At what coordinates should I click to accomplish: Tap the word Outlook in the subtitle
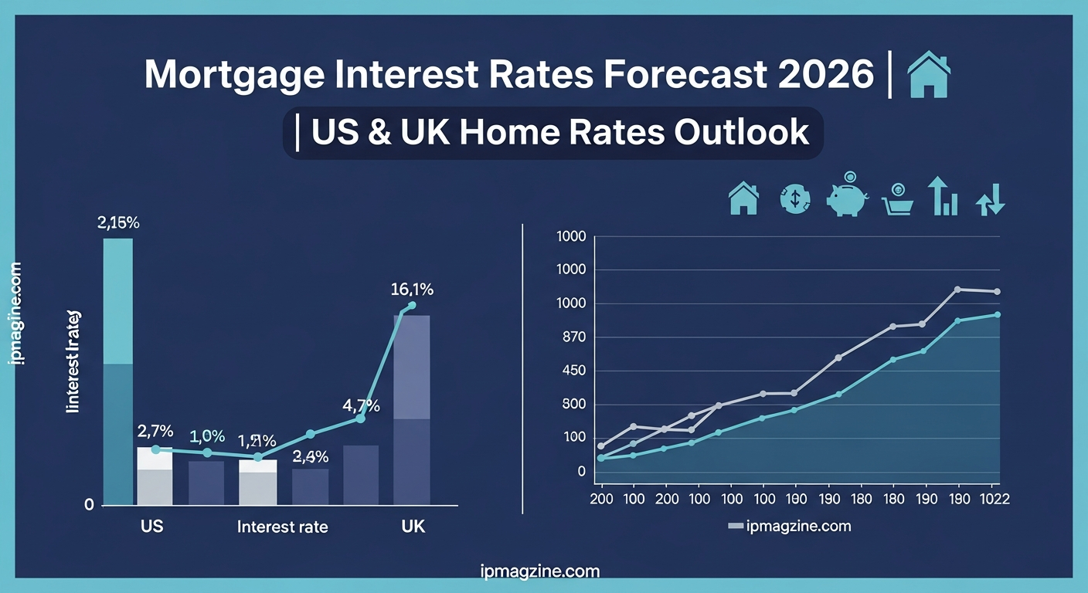pyautogui.click(x=741, y=132)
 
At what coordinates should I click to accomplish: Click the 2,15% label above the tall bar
pyautogui.click(x=118, y=224)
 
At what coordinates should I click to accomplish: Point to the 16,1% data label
pyautogui.click(x=412, y=290)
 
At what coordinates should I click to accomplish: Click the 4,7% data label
pyautogui.click(x=362, y=405)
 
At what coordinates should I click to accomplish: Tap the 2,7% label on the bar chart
pyautogui.click(x=155, y=431)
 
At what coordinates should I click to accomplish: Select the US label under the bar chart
pyautogui.click(x=151, y=527)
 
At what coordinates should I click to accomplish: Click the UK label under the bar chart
pyautogui.click(x=413, y=527)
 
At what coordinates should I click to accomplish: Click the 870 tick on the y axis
pyautogui.click(x=571, y=337)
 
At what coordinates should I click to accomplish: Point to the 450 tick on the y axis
pyautogui.click(x=571, y=371)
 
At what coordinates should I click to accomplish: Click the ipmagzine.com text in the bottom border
pyautogui.click(x=539, y=572)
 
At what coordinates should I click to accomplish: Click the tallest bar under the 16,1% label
pyautogui.click(x=412, y=409)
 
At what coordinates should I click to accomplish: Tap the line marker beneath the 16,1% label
pyautogui.click(x=412, y=306)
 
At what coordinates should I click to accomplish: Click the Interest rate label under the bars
pyautogui.click(x=282, y=527)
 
